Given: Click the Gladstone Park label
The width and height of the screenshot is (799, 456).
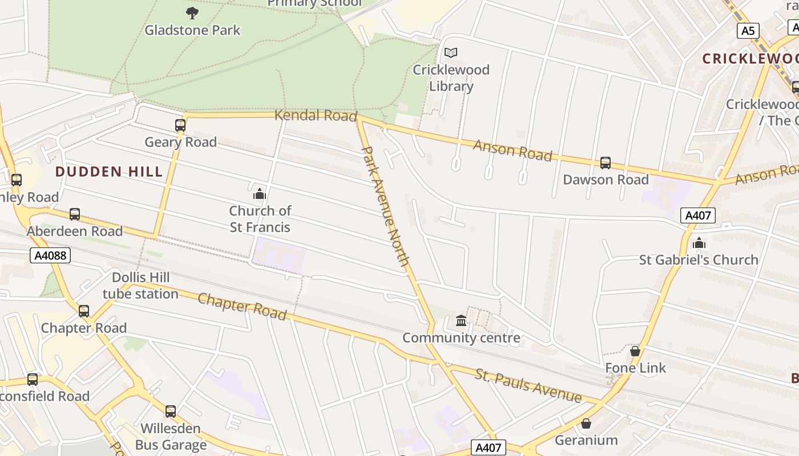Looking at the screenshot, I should pyautogui.click(x=192, y=30).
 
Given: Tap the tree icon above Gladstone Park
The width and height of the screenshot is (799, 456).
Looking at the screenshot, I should pyautogui.click(x=192, y=12).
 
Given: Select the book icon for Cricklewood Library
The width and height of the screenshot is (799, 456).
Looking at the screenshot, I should pyautogui.click(x=451, y=52).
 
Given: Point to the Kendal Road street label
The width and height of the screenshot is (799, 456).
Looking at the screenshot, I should pyautogui.click(x=316, y=116).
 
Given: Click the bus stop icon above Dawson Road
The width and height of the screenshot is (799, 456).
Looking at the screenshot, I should pyautogui.click(x=606, y=163).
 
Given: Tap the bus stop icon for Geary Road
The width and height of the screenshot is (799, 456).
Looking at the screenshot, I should pyautogui.click(x=180, y=125).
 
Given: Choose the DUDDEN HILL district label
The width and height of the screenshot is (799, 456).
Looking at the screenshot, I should pyautogui.click(x=109, y=172).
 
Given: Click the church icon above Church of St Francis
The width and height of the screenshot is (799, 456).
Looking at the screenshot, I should pyautogui.click(x=260, y=194).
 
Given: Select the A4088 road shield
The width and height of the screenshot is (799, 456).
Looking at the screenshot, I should pyautogui.click(x=51, y=255).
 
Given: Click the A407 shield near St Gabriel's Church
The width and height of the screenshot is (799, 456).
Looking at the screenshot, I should pyautogui.click(x=697, y=215).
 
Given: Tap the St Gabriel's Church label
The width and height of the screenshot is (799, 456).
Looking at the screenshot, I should pyautogui.click(x=699, y=260).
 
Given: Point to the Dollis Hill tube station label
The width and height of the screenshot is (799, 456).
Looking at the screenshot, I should pyautogui.click(x=141, y=286).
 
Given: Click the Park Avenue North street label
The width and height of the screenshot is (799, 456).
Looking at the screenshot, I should pyautogui.click(x=386, y=206).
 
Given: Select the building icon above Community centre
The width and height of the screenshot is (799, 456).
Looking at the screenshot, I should pyautogui.click(x=461, y=321).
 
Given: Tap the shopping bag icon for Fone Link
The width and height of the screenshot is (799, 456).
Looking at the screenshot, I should pyautogui.click(x=635, y=351).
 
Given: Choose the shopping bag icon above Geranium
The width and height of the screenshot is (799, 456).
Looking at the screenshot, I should pyautogui.click(x=586, y=424).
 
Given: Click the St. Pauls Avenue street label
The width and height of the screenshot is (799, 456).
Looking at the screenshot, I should pyautogui.click(x=528, y=385).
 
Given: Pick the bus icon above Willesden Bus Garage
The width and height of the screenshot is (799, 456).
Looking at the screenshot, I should pyautogui.click(x=170, y=412).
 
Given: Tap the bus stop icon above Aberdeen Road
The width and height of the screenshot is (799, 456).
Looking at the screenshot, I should pyautogui.click(x=75, y=214).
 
